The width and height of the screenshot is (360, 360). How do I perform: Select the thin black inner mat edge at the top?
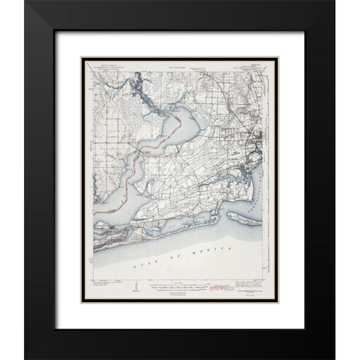coord(180,30)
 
